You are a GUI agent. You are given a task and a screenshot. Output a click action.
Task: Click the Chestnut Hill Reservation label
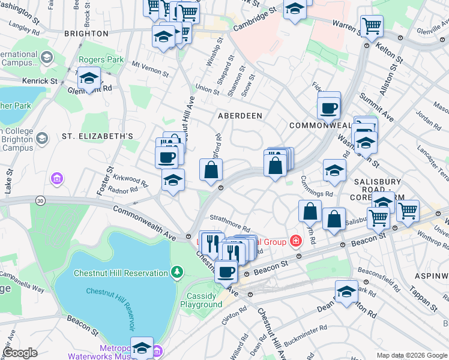(x=121, y=273)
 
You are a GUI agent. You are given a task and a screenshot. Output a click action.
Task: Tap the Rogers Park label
(x=102, y=60)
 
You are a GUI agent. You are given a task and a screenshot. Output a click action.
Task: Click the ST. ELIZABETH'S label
(x=97, y=136)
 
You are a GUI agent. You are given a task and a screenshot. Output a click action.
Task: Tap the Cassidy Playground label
(x=201, y=300)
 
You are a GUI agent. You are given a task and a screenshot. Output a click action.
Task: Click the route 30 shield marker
(x=40, y=200)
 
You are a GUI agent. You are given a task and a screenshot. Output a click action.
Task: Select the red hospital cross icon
(x=295, y=241)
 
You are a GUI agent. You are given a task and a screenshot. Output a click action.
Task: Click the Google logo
(x=20, y=353)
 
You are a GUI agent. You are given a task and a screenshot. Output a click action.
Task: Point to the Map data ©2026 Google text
(x=411, y=355)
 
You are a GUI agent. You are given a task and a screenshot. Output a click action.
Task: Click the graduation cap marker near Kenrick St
(x=89, y=78)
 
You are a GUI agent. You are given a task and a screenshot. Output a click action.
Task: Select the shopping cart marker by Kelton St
(x=372, y=26)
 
